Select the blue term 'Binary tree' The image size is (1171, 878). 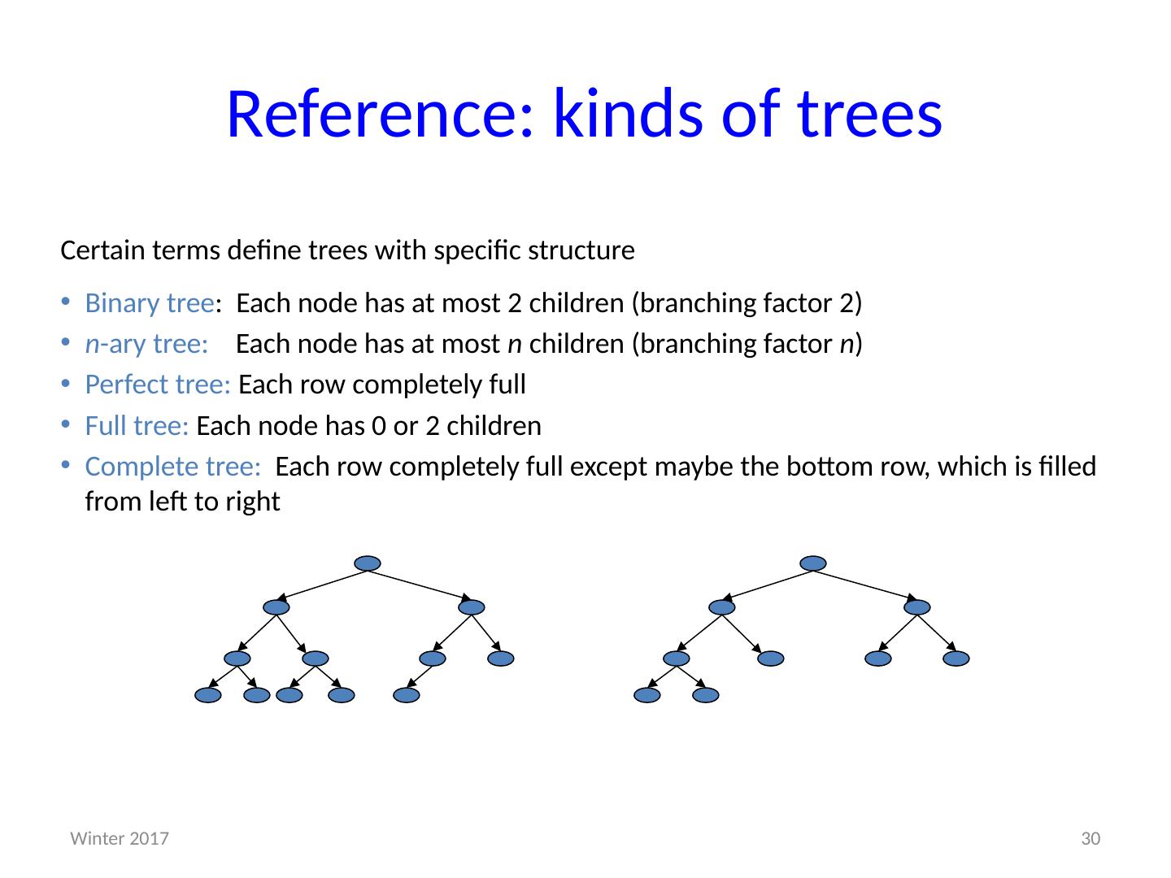150,303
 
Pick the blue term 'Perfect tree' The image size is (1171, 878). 158,385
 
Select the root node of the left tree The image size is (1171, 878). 368,563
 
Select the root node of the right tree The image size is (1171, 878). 812,563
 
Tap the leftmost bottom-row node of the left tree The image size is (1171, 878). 208,695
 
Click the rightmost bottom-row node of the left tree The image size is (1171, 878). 406,695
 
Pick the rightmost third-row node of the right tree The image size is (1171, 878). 956,658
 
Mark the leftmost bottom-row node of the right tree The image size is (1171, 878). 647,695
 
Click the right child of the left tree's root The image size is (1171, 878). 471,607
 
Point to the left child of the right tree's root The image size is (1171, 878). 721,607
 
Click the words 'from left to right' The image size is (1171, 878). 182,502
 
